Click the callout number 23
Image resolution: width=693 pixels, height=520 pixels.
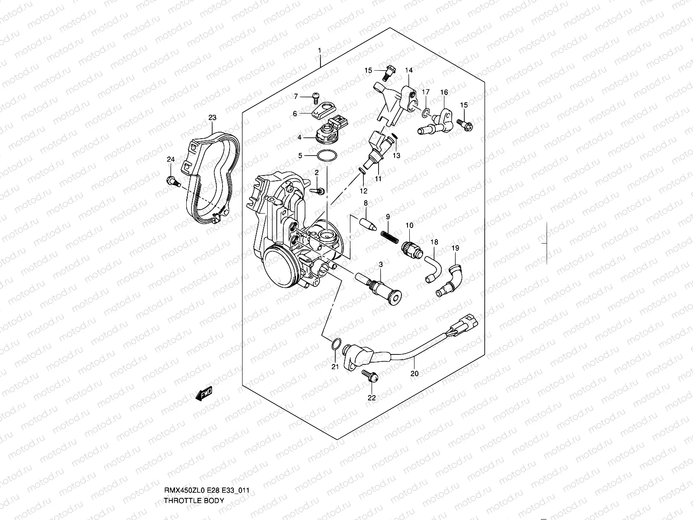point(212,117)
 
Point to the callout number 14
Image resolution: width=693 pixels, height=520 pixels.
point(409,70)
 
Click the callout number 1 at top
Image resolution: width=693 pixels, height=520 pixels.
point(319,51)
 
